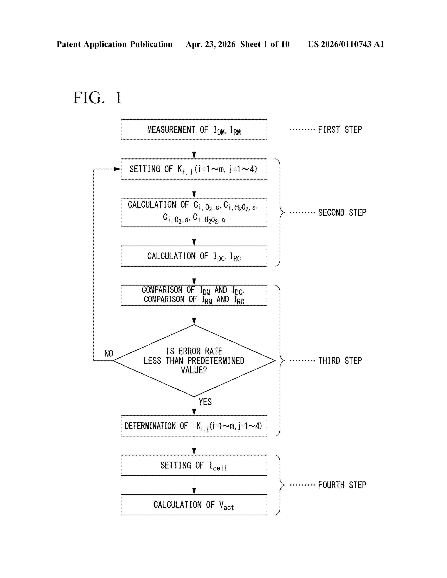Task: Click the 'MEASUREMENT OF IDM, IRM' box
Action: pyautogui.click(x=194, y=129)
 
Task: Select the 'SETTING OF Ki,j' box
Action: pyautogui.click(x=194, y=169)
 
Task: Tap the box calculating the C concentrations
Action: pyautogui.click(x=194, y=212)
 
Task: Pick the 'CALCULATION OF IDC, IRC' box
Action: pyautogui.click(x=194, y=256)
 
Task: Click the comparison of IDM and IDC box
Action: pyautogui.click(x=194, y=295)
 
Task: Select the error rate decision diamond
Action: pyautogui.click(x=194, y=360)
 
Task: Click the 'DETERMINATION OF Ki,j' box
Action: pyautogui.click(x=194, y=426)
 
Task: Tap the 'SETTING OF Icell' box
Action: pyautogui.click(x=194, y=465)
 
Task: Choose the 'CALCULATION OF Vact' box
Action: pyautogui.click(x=194, y=505)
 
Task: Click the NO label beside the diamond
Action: pyautogui.click(x=109, y=353)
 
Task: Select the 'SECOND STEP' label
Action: pyautogui.click(x=342, y=212)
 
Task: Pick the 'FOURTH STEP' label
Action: pyautogui.click(x=342, y=485)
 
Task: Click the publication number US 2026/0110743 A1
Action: pyautogui.click(x=346, y=44)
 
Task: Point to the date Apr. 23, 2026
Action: pyautogui.click(x=211, y=44)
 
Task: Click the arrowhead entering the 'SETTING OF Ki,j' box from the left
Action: pyautogui.click(x=118, y=169)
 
